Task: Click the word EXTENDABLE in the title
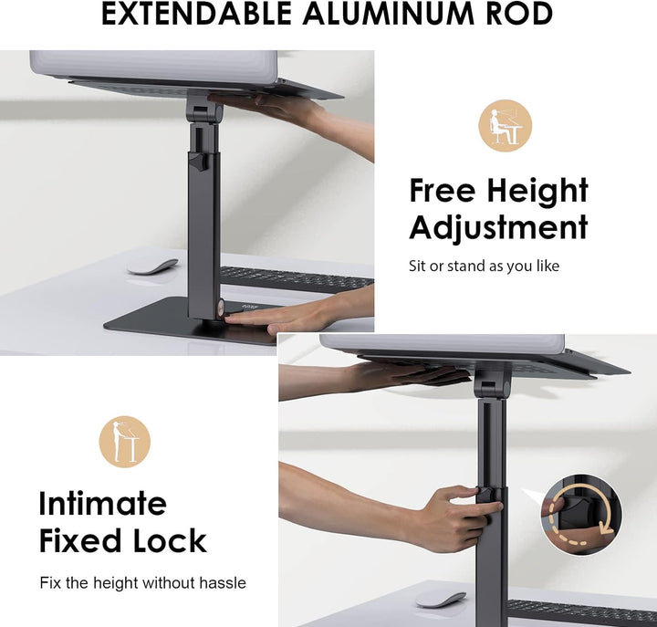click(x=196, y=14)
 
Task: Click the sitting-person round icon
click(x=505, y=125)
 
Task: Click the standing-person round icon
click(x=124, y=442)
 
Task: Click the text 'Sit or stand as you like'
click(x=484, y=266)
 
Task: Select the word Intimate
click(x=102, y=504)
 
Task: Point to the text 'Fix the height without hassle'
click(x=143, y=583)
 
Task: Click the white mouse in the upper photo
click(x=152, y=266)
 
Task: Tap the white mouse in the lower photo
click(x=441, y=600)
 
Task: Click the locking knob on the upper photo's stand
click(x=199, y=162)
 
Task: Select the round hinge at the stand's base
click(x=221, y=308)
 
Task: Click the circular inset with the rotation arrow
click(x=581, y=515)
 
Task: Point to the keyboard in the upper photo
click(x=297, y=278)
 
